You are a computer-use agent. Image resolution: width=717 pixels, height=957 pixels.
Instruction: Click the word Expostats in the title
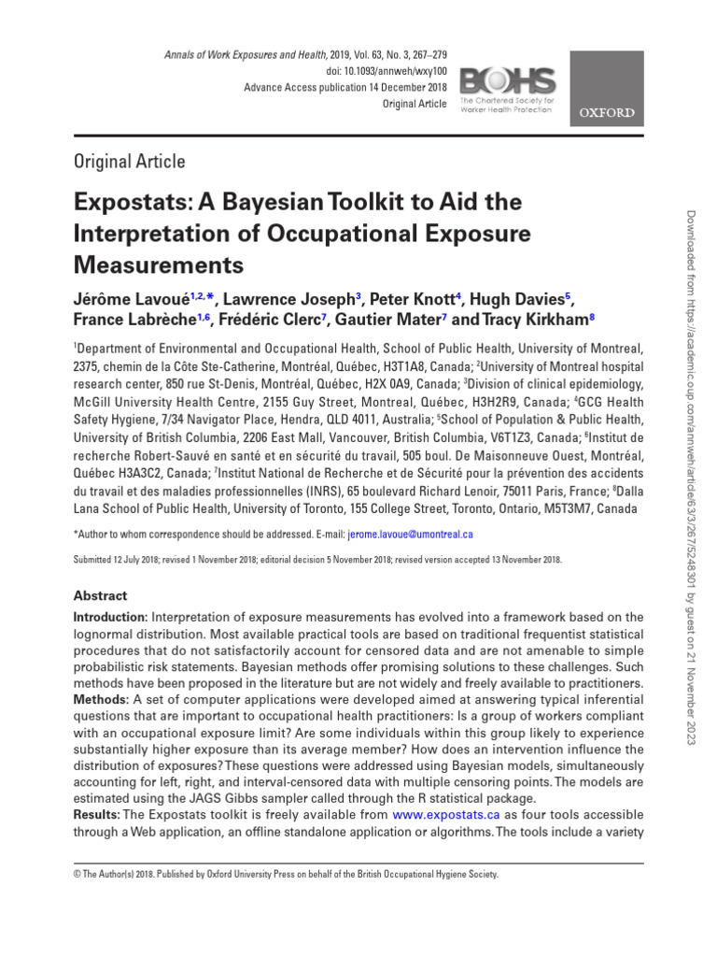(128, 202)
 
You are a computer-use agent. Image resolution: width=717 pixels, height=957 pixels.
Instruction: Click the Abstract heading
(100, 595)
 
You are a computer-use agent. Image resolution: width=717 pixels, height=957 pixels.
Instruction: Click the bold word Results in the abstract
(95, 816)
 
